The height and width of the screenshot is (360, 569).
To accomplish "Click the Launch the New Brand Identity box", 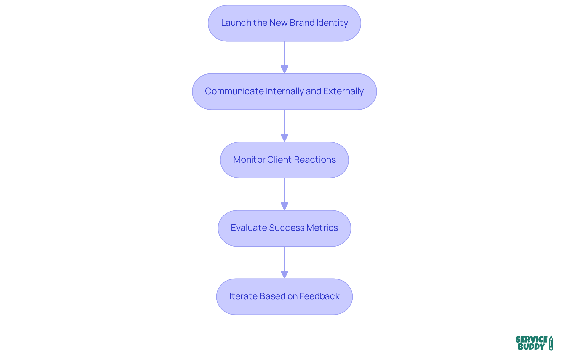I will tap(284, 23).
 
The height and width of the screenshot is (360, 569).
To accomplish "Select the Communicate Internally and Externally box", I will tap(284, 92).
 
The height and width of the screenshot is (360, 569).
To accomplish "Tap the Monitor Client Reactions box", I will tap(284, 160).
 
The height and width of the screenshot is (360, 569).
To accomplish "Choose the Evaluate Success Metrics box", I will tap(284, 228).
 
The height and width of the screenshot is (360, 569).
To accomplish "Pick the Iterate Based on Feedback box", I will tap(284, 297).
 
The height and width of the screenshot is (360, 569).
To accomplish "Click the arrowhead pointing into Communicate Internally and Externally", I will tap(284, 70).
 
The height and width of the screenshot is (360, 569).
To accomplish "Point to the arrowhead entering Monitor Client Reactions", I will tap(284, 138).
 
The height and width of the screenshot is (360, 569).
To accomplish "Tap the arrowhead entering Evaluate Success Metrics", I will tap(284, 206).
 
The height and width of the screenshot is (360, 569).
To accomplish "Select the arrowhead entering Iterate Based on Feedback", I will tap(284, 275).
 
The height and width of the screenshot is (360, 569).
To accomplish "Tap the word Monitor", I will tap(249, 160).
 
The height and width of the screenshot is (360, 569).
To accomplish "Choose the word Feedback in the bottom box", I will tap(319, 296).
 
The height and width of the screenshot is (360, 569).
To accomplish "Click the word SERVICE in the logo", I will tap(531, 339).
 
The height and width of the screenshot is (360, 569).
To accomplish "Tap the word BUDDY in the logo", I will tap(531, 347).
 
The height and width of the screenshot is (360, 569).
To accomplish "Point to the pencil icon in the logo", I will tap(551, 343).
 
